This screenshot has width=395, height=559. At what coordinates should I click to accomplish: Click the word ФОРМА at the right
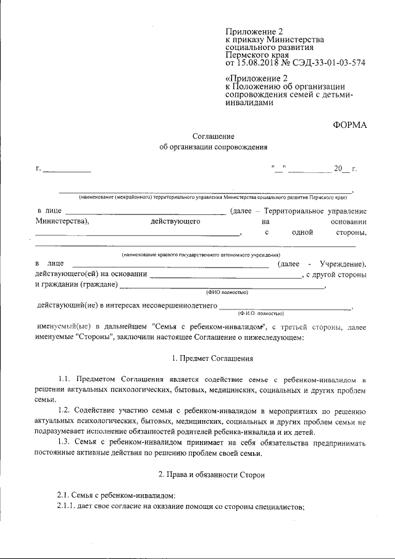[x=350, y=125]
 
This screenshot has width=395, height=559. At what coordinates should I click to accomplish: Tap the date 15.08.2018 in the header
[x=257, y=62]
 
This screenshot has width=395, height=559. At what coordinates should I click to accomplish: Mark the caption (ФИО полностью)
[x=227, y=292]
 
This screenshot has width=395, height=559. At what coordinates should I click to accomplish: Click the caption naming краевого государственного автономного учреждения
[x=201, y=254]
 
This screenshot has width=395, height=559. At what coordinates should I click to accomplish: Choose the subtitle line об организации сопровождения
[x=214, y=148]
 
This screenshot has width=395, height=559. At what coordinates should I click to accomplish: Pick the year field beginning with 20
[x=342, y=169]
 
